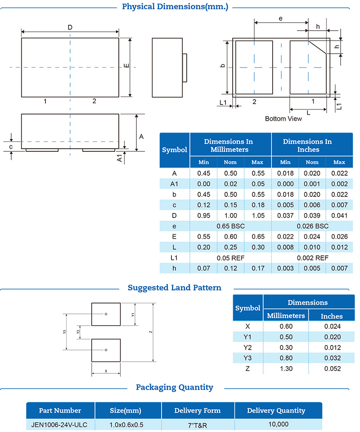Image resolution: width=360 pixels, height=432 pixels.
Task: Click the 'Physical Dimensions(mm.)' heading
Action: tap(175, 7)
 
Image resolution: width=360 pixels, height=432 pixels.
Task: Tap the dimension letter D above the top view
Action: tap(70, 27)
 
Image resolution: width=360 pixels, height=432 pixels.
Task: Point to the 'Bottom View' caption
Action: tap(283, 119)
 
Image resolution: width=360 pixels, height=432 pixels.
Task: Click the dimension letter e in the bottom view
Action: tap(281, 18)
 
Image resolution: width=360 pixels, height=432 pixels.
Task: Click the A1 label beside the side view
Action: tap(120, 158)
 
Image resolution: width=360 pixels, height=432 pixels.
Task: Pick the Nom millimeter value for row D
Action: tap(230, 215)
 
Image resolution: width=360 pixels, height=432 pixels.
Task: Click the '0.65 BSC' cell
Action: tap(230, 226)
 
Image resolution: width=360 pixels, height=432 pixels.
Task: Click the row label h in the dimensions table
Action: tap(175, 268)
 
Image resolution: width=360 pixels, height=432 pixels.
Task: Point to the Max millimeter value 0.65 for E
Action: tap(257, 236)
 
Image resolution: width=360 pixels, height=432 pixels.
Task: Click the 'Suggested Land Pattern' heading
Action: tap(175, 287)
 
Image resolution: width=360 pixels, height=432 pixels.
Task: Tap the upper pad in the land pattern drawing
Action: tap(106, 314)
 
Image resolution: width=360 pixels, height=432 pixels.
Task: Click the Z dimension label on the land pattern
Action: tap(150, 332)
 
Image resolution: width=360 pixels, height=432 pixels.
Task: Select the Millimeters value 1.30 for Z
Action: tap(286, 368)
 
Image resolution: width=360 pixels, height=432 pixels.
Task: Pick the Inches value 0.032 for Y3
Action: tap(332, 358)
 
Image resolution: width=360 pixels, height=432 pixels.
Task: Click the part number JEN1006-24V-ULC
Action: tap(60, 424)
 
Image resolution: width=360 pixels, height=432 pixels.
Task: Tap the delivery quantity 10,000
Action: tap(277, 424)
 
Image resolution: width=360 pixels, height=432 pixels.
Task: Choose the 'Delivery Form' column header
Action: tap(197, 410)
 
